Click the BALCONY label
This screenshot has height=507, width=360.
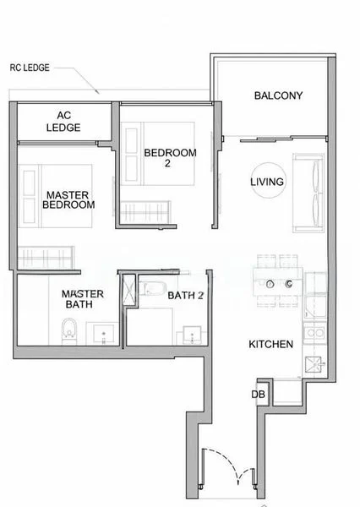tap(278, 95)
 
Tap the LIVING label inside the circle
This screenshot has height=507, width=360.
tap(267, 182)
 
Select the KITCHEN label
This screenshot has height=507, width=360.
tap(270, 344)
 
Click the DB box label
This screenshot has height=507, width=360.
tap(257, 394)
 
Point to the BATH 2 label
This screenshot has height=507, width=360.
tap(186, 296)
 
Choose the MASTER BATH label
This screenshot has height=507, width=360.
tap(83, 299)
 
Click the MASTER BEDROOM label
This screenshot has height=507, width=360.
tap(68, 199)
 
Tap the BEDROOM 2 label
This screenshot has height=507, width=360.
tap(170, 157)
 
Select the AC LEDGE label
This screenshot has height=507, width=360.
tap(68, 122)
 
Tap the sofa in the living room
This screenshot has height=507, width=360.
tap(307, 193)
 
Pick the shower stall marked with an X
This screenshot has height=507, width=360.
tap(129, 291)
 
